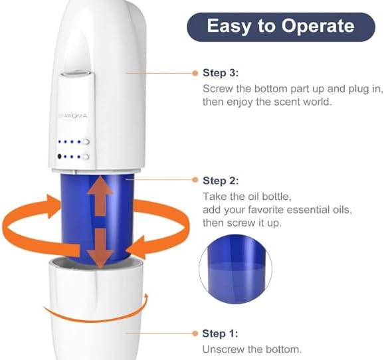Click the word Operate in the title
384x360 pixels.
(x=318, y=26)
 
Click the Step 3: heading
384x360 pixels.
(x=221, y=73)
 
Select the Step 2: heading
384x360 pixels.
(x=221, y=181)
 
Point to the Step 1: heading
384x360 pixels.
(x=220, y=333)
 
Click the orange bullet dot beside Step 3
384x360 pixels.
(x=195, y=73)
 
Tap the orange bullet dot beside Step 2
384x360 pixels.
(x=195, y=180)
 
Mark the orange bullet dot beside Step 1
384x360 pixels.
(x=195, y=333)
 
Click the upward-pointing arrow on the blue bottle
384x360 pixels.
(x=100, y=196)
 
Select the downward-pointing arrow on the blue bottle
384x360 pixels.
(x=100, y=248)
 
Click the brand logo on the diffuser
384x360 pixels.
(x=72, y=116)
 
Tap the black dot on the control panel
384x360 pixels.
(x=60, y=156)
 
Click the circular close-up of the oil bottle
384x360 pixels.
(x=235, y=269)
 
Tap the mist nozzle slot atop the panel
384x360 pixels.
(x=76, y=73)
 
